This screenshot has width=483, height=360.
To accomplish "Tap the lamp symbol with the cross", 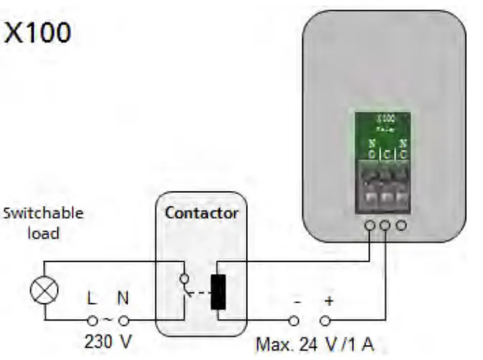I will click(44, 291).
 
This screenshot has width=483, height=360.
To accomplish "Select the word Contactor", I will click(201, 213).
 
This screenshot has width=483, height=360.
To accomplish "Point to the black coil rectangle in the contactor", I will click(218, 291).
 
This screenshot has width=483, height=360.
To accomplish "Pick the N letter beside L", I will click(123, 295).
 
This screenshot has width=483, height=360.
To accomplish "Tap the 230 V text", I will click(107, 340).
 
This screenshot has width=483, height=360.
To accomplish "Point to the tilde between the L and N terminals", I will click(107, 320).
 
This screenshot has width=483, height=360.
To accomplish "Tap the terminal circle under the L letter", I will click(92, 320).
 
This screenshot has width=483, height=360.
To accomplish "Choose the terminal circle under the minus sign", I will click(294, 321).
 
